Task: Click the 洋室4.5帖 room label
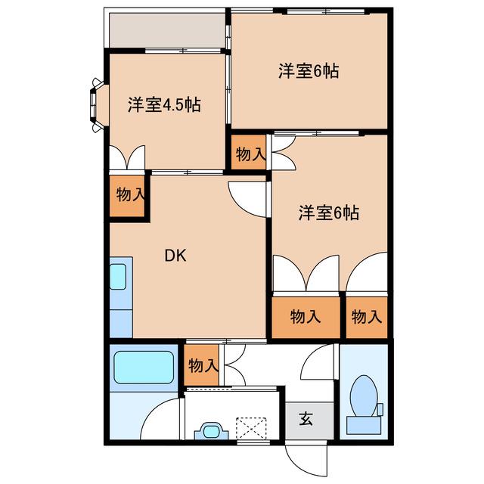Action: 164,105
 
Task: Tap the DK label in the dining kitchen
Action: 175,256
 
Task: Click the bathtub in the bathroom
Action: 144,367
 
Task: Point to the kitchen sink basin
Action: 118,277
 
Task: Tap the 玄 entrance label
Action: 306,419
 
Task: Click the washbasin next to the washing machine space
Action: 211,431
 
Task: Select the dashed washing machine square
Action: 251,429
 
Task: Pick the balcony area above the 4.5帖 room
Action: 167,30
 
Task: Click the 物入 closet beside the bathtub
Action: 202,365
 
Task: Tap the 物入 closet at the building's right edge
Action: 367,318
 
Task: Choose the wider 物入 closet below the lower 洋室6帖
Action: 306,318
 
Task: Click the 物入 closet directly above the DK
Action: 127,196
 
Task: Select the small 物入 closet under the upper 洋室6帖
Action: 249,153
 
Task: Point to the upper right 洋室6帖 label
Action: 309,71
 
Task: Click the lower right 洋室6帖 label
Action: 329,213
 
